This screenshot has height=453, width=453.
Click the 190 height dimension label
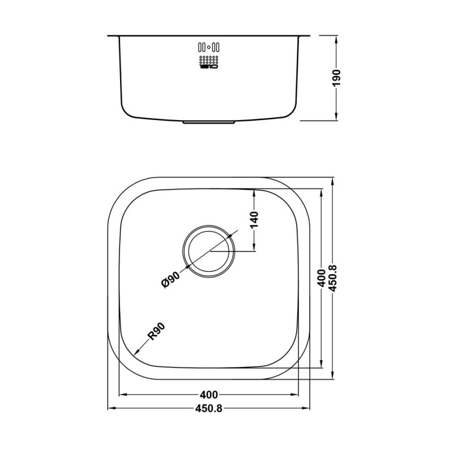click(x=336, y=78)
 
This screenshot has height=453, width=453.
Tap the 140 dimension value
click(x=254, y=219)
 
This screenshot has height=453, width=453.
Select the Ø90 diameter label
click(x=170, y=280)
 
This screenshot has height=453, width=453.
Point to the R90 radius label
click(x=156, y=332)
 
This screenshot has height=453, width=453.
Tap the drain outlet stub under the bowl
click(x=210, y=121)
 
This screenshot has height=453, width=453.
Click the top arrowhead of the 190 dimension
click(x=336, y=38)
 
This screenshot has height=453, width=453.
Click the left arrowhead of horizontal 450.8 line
click(x=111, y=408)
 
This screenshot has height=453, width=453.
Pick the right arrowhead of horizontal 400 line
click(x=297, y=395)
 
